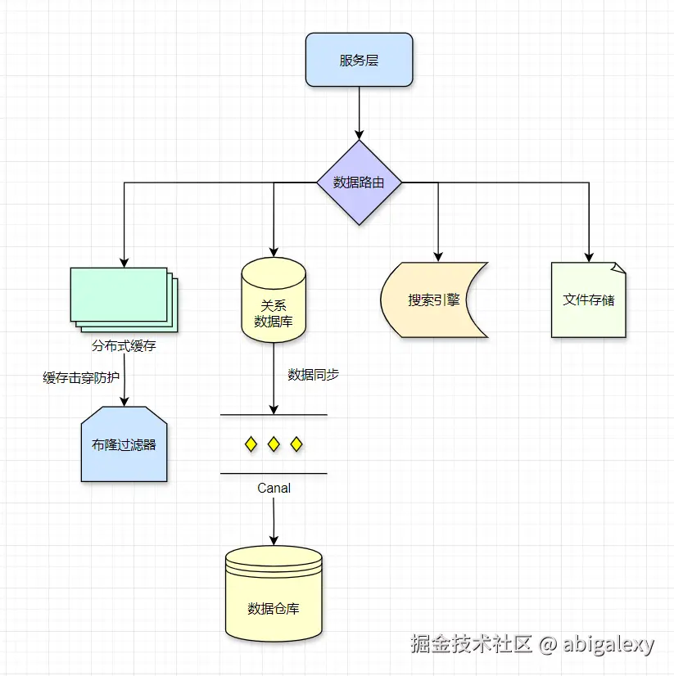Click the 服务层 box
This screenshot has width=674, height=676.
359,60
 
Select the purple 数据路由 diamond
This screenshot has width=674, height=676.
359,183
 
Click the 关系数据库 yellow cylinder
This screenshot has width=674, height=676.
274,301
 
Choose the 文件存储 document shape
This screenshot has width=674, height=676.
588,300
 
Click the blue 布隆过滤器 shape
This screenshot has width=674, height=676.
124,445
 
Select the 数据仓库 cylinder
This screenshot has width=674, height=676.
274,596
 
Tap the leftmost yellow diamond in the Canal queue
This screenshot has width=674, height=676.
251,444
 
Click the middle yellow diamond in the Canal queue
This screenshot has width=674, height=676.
274,444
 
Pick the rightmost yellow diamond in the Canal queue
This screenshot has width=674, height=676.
296,444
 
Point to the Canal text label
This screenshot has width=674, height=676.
274,488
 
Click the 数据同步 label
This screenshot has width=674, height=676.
313,375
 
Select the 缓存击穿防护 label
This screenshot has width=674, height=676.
80,377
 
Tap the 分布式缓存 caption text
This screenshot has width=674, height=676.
124,346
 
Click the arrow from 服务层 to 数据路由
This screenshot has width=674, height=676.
359,110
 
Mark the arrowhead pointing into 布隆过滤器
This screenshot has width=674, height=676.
124,401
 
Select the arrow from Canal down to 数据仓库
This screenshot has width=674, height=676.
274,520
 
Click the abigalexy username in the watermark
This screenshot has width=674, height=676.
608,644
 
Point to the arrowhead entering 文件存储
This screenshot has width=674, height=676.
588,257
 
